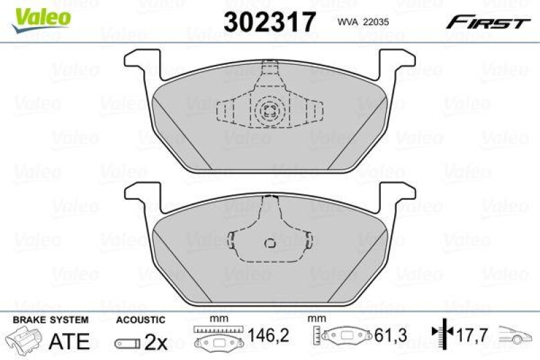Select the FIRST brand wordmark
point(486,23)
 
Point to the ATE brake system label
point(70,341)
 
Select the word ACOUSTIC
point(140,319)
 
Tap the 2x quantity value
point(156,342)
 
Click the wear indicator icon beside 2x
point(126,342)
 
